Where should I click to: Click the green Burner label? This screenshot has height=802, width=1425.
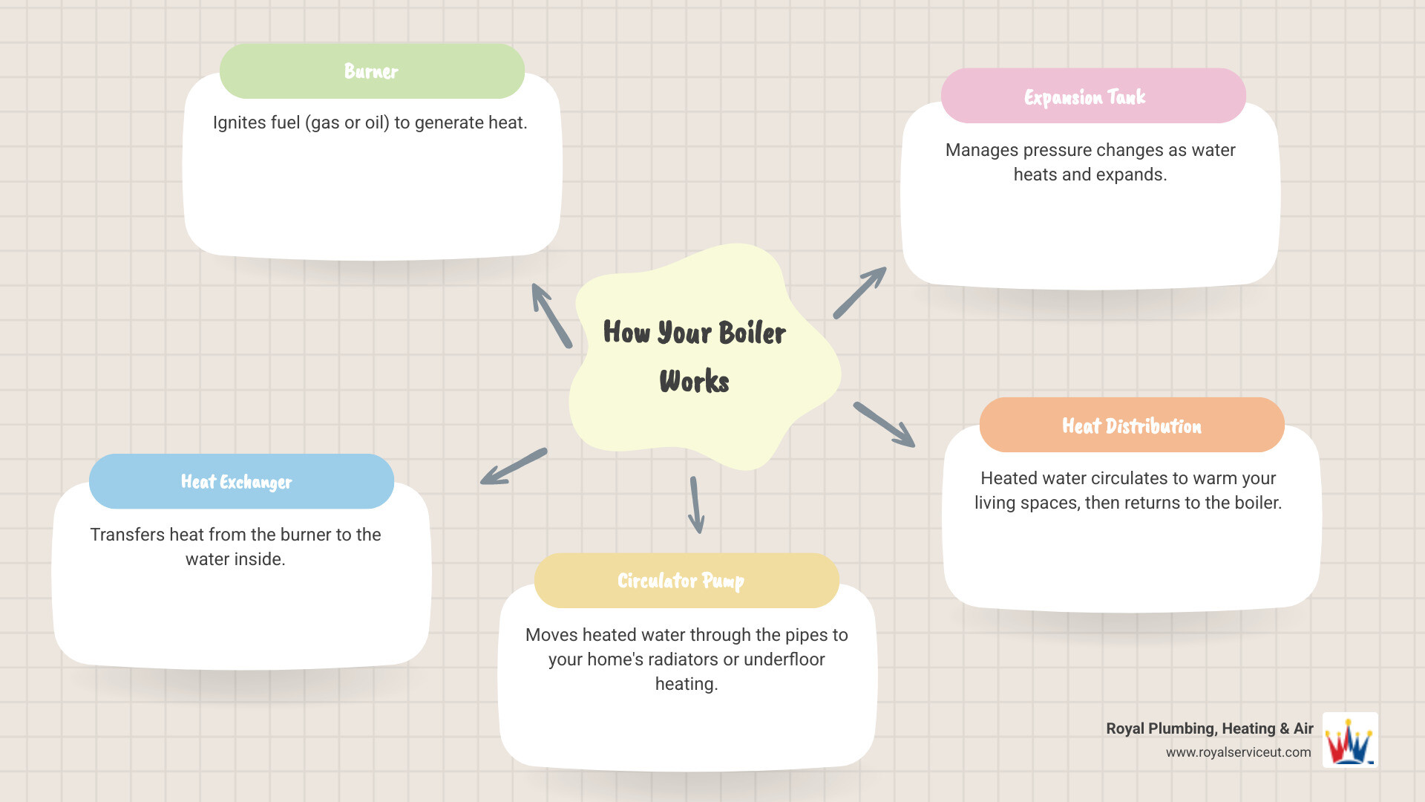pos(372,71)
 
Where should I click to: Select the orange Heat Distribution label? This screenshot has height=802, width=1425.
pos(1131,426)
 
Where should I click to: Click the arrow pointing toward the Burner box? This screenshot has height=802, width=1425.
pos(551,316)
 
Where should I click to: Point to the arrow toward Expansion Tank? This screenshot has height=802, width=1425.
pos(859,293)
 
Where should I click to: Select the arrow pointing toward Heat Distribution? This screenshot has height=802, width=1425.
pos(884,425)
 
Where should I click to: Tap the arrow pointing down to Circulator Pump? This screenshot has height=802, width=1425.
pos(695,505)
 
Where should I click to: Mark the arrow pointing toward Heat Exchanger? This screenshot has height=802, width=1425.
pos(514,467)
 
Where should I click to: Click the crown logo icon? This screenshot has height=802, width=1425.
pos(1349,741)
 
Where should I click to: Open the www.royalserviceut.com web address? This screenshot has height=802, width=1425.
pos(1238,752)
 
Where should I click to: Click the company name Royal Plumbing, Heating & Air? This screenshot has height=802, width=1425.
pos(1209,728)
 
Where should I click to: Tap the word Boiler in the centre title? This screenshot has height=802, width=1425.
pos(752,333)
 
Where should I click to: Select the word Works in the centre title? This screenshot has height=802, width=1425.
pos(694,382)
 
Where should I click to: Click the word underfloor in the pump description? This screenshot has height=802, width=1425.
pos(784,659)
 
